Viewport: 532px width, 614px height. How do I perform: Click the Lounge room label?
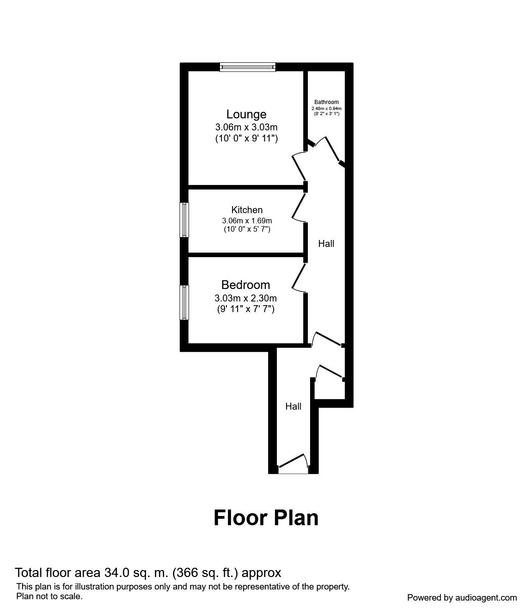point(246,114)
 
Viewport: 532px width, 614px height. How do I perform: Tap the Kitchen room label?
point(247,210)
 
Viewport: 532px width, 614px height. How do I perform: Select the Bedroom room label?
point(245,285)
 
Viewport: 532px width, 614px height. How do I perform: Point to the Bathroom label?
point(326,102)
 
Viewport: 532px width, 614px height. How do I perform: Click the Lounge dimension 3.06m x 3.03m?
point(246,127)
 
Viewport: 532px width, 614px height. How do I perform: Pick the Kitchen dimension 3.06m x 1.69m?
point(247,221)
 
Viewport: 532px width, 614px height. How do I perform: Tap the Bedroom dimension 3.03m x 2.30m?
point(245,298)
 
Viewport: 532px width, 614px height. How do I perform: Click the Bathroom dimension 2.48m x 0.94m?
point(326,109)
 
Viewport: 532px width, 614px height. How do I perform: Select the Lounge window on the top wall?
point(248,67)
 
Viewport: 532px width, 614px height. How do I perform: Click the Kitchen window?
point(184,220)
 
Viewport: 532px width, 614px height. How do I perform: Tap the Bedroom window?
point(184,302)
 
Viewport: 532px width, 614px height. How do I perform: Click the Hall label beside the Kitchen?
point(326,244)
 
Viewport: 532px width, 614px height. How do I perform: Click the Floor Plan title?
point(266,518)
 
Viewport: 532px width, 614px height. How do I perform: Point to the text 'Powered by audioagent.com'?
point(462,598)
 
